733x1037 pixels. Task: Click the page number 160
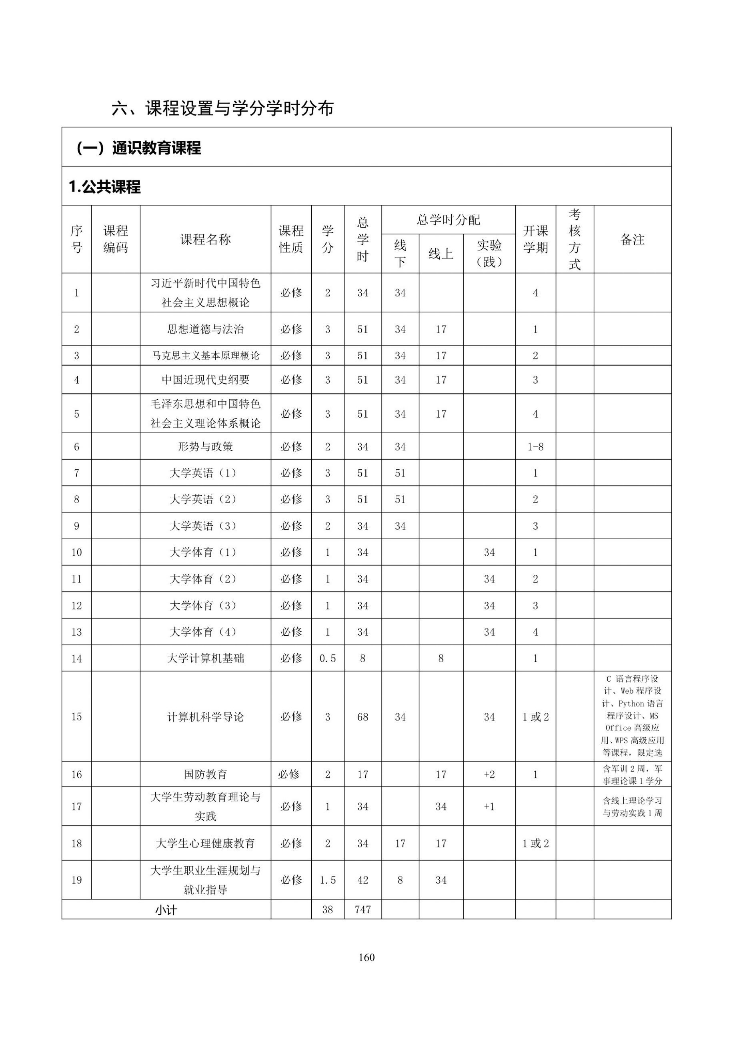(366, 957)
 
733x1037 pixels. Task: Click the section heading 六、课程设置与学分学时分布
(222, 108)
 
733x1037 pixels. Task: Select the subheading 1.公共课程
(105, 186)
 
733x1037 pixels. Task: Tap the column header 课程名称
(206, 239)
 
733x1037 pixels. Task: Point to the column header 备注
(632, 239)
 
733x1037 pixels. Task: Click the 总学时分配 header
(448, 220)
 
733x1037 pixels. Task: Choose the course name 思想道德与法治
(206, 329)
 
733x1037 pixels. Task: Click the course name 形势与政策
(206, 447)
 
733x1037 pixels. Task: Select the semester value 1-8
(535, 447)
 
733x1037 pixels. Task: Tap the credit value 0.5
(327, 659)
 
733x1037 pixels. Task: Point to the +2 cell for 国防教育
(489, 774)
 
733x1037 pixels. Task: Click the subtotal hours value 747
(362, 909)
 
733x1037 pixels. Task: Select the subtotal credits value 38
(327, 909)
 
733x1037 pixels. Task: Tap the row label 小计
(166, 910)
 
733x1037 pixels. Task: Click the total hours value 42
(362, 880)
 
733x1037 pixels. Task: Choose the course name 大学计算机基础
(206, 659)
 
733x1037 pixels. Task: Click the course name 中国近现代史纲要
(206, 380)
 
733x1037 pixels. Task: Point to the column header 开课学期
(535, 239)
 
